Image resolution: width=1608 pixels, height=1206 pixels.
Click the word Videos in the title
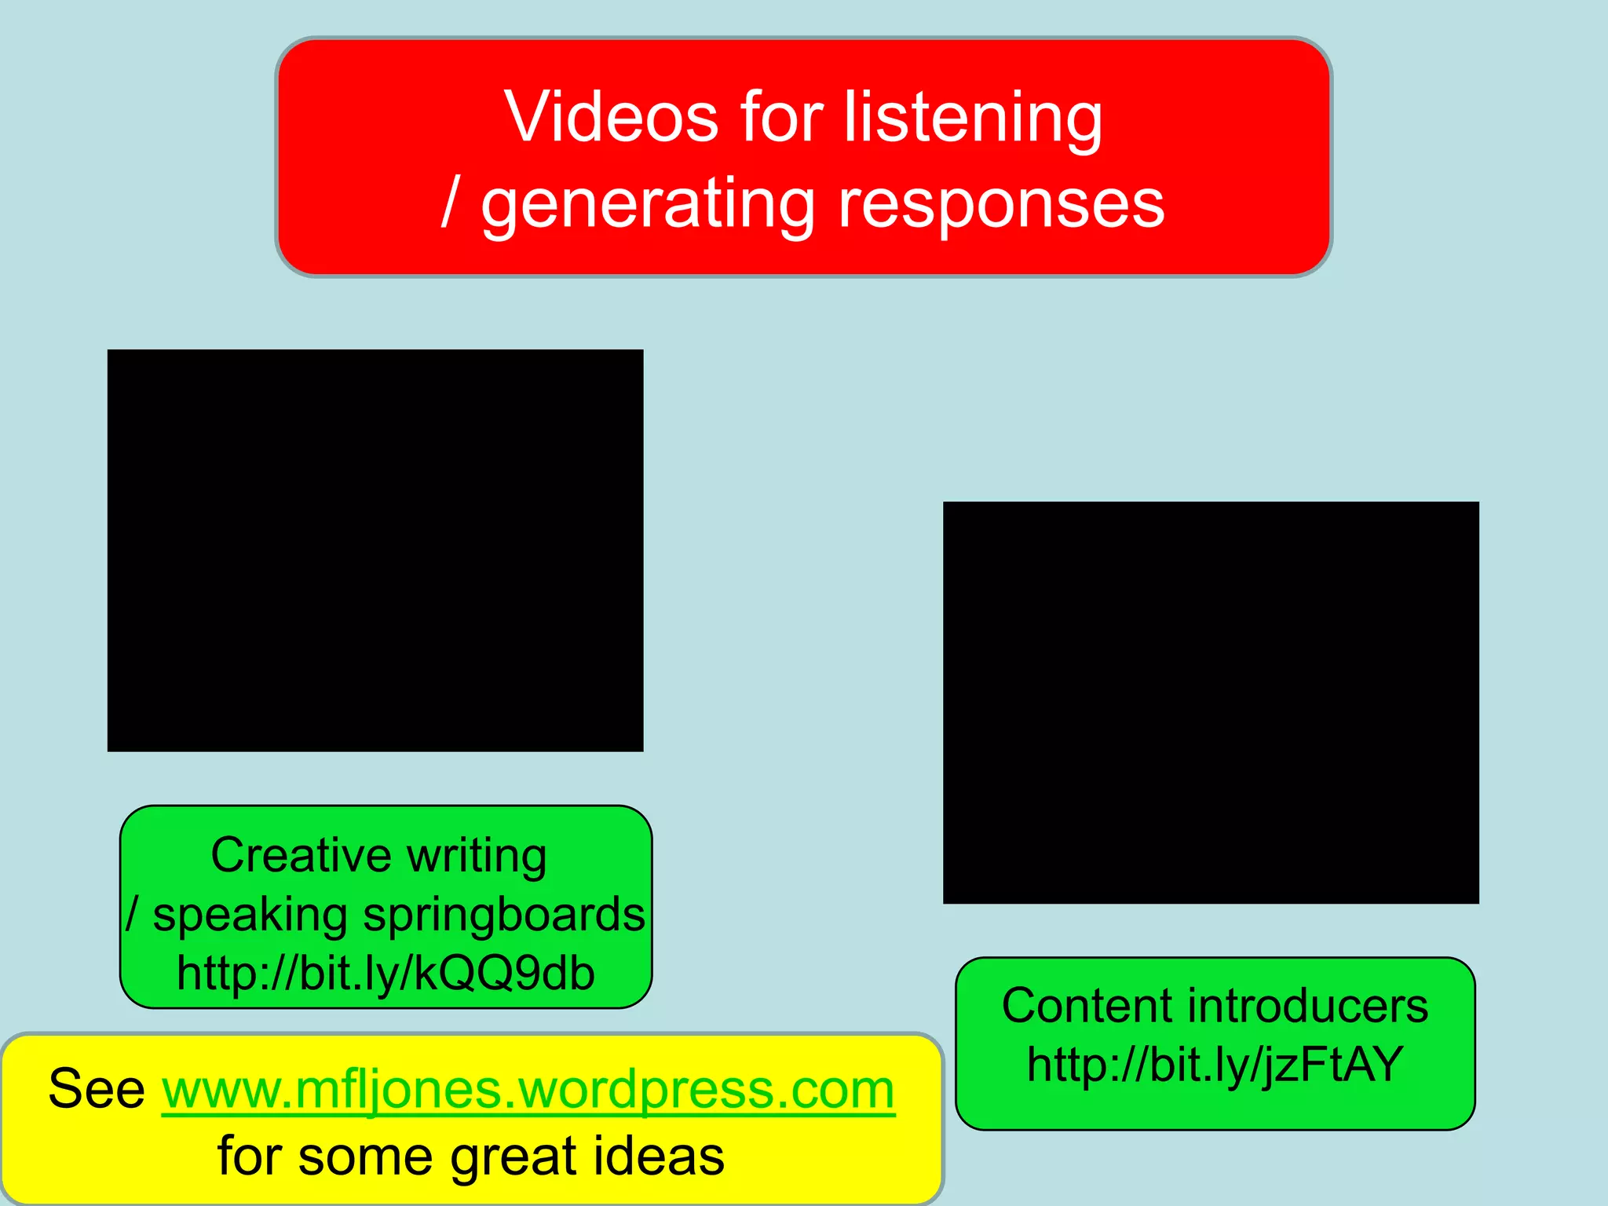(611, 117)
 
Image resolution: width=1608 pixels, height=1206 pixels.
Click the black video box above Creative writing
(375, 550)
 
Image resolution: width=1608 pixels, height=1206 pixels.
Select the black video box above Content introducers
(1211, 703)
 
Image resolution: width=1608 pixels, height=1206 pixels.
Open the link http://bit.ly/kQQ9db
(386, 974)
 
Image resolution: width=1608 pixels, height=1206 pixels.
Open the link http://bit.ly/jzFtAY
(1215, 1065)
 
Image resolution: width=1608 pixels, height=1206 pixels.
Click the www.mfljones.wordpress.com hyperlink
(528, 1090)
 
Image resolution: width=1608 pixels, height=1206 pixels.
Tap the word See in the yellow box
(97, 1089)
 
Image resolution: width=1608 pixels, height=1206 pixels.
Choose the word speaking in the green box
(250, 915)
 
